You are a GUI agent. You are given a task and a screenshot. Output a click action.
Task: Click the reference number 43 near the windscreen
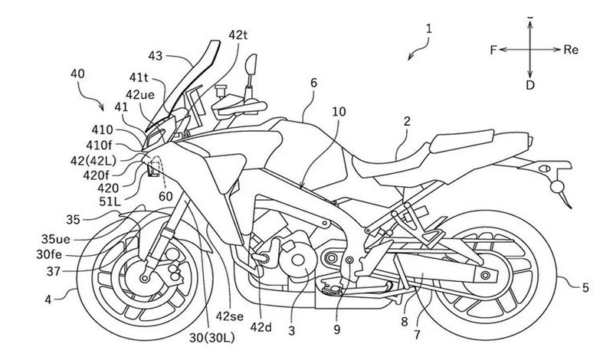pos(156,57)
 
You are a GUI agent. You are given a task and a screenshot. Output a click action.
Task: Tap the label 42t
pos(238,36)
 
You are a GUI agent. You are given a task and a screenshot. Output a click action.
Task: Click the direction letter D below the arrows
pos(530,84)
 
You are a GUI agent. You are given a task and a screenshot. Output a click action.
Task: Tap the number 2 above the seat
pos(407,120)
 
